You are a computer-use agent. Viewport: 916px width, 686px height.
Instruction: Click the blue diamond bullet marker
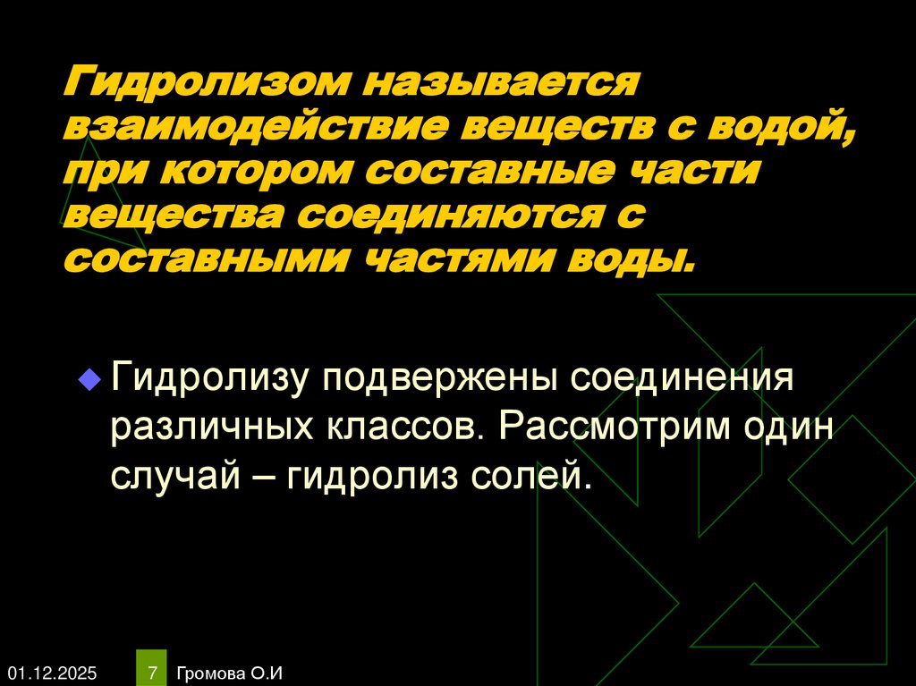(x=88, y=378)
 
